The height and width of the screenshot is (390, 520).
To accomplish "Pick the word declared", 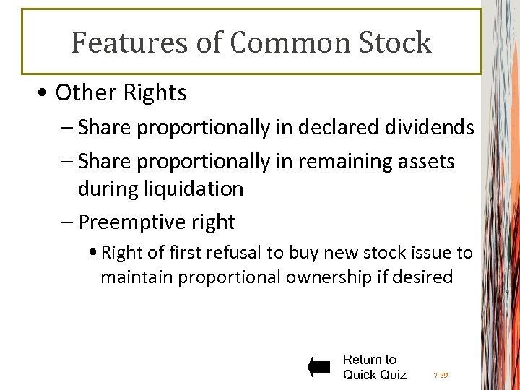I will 335,128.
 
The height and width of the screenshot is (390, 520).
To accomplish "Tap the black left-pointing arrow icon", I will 319,367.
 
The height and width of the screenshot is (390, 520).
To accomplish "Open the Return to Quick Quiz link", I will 373,367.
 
